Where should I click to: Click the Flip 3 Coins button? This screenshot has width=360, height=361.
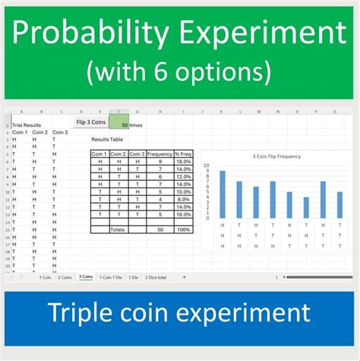(91, 122)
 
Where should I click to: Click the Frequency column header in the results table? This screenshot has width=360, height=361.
(159, 154)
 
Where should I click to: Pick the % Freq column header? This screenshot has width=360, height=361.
(183, 154)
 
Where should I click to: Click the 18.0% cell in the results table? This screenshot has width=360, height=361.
(183, 161)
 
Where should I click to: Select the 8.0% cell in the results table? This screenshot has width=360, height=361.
(183, 199)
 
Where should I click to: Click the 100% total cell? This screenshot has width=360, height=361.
(183, 229)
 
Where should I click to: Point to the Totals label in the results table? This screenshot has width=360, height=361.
(117, 229)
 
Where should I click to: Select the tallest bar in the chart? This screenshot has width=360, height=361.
(223, 194)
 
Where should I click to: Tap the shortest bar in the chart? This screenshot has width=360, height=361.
(306, 207)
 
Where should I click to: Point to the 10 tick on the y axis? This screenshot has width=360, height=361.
(206, 164)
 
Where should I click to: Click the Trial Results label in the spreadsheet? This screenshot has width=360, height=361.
(27, 125)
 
